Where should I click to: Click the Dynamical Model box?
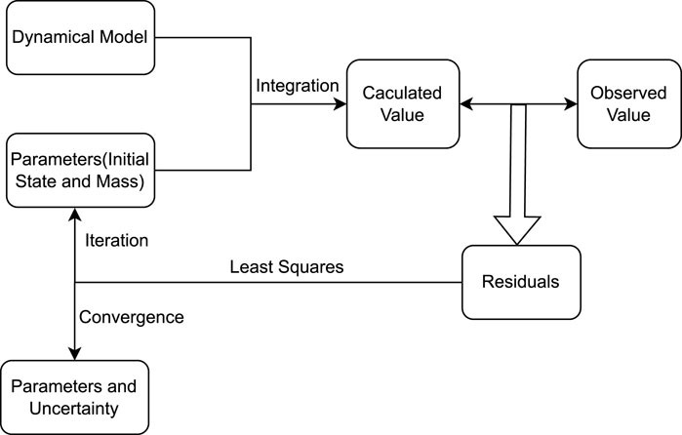79,40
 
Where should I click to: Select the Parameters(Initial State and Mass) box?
79,169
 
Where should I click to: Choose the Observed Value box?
620,102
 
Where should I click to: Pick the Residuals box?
521,282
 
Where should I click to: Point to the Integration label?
298,86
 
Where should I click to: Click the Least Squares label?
286,266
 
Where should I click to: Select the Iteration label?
117,238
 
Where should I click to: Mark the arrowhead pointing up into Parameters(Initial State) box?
76,214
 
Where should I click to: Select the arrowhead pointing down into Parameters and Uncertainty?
76,353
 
